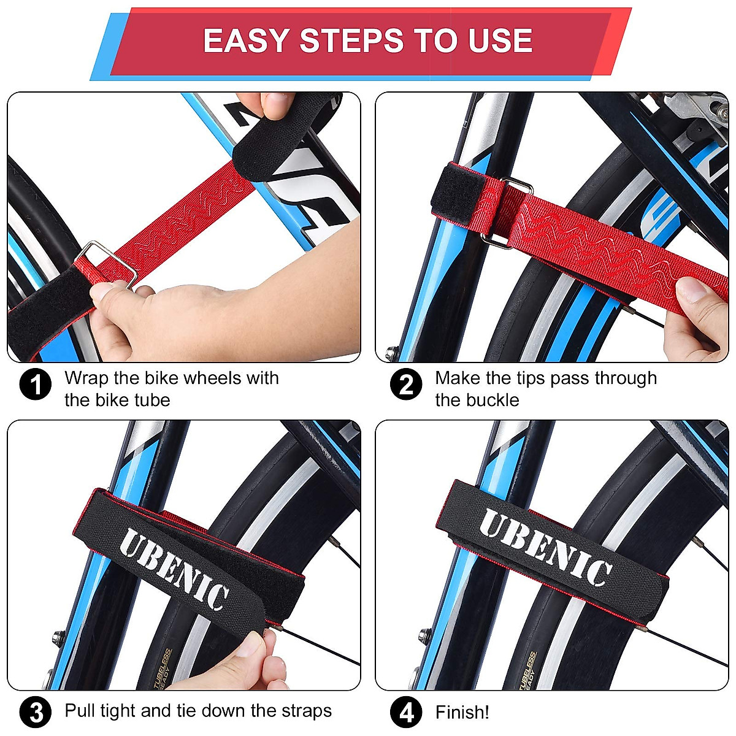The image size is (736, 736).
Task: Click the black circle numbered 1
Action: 36,385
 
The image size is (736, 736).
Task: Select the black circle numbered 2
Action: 406,385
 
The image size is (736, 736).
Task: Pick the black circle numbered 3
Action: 36,712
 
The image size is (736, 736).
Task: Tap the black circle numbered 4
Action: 406,712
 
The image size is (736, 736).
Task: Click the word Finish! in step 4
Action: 462,712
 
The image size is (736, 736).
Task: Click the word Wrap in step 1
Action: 86,378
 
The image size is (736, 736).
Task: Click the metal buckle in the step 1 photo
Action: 109,264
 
